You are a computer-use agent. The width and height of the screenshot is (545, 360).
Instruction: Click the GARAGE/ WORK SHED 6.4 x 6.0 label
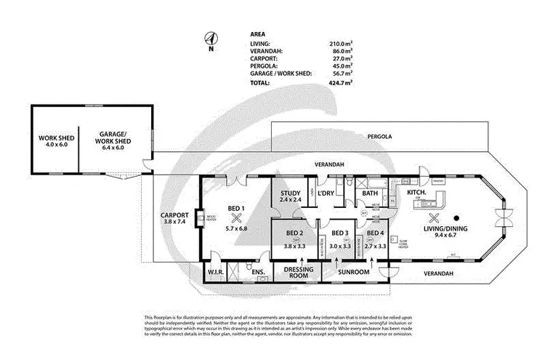click(x=112, y=142)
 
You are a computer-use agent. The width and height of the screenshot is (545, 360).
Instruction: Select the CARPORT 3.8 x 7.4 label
click(x=176, y=220)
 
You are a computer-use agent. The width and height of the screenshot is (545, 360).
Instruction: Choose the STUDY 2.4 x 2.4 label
click(x=290, y=196)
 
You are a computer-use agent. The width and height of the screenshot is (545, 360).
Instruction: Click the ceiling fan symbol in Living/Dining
click(x=435, y=217)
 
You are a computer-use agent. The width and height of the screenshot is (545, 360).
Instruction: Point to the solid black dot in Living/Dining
click(x=458, y=217)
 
